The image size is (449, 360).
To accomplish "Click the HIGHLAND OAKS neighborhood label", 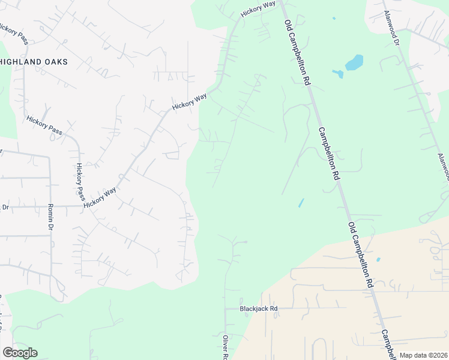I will pyautogui.click(x=34, y=62).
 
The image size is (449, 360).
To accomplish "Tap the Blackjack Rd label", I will pyautogui.click(x=259, y=309).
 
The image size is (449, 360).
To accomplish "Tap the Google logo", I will pyautogui.click(x=20, y=353).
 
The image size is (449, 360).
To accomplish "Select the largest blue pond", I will pyautogui.click(x=354, y=62).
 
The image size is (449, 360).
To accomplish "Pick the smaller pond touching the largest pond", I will pyautogui.click(x=338, y=74).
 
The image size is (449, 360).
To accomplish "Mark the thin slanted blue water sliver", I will pyautogui.click(x=301, y=203).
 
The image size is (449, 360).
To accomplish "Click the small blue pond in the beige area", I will pyautogui.click(x=378, y=260).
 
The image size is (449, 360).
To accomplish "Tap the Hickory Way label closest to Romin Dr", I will pyautogui.click(x=100, y=197).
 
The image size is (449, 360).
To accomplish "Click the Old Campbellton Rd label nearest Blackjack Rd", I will pyautogui.click(x=360, y=254).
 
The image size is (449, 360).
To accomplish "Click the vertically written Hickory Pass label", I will pyautogui.click(x=80, y=181).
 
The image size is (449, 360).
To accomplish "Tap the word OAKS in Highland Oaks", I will pyautogui.click(x=55, y=62).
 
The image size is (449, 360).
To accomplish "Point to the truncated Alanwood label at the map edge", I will pyautogui.click(x=443, y=166).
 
